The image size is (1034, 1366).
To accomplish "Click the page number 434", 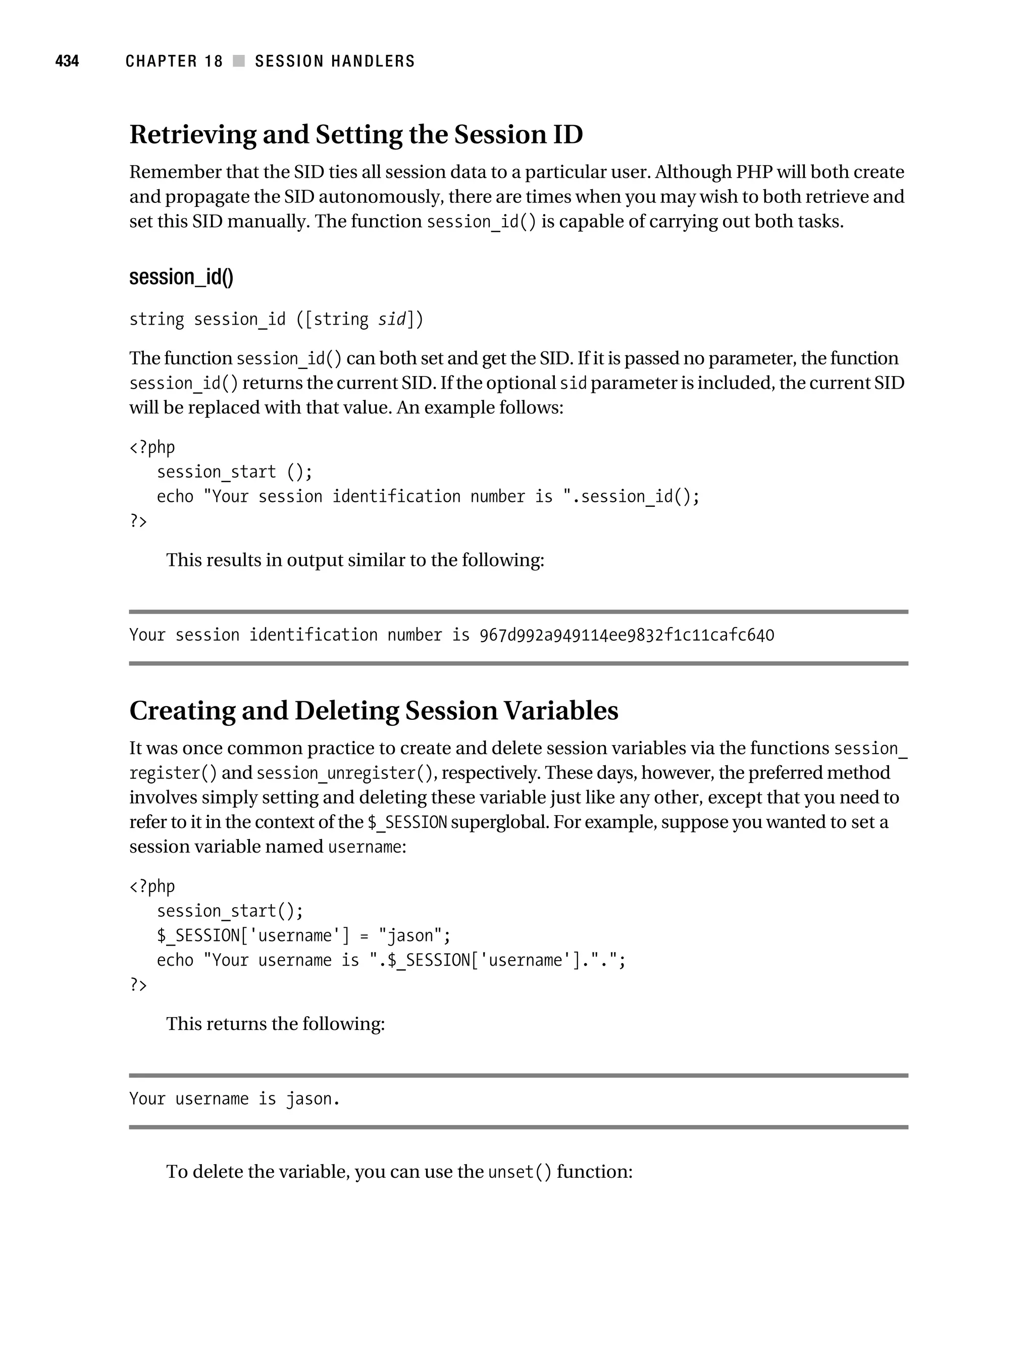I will tap(67, 61).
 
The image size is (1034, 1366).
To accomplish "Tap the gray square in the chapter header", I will tap(238, 61).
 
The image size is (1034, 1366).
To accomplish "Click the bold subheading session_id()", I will tap(181, 277).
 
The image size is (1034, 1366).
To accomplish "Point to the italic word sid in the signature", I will tap(392, 319).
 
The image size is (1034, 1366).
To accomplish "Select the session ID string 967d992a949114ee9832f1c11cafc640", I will tap(627, 635).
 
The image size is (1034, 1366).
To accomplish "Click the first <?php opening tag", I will tap(152, 447).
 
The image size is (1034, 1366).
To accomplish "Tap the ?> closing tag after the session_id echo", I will tap(138, 521).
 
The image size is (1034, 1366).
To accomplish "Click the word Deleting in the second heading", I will tap(346, 711).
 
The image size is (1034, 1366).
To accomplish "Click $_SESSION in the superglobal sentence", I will tap(407, 822).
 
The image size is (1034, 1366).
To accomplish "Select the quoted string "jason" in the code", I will tap(409, 935).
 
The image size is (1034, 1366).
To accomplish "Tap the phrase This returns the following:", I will tap(276, 1024).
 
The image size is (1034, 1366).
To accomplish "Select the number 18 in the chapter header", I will tap(214, 61).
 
